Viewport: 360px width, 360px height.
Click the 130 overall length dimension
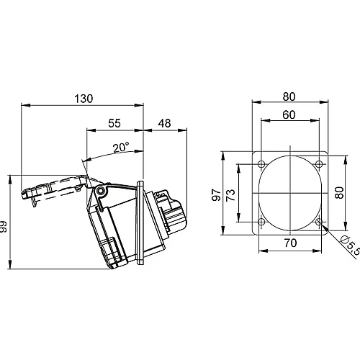84,99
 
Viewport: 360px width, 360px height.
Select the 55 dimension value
114,123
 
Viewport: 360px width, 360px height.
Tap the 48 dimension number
163,123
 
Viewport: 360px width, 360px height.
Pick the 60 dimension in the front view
289,114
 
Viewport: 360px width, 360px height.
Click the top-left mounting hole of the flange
261,162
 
